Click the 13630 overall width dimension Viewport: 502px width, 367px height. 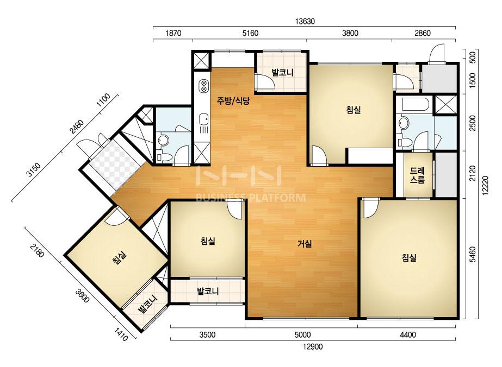tap(305, 21)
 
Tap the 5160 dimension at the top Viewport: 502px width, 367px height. tap(250, 33)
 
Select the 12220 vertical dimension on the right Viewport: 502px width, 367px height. tap(486, 185)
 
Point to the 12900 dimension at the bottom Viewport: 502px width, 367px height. tap(313, 346)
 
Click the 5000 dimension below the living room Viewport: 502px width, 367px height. tap(302, 335)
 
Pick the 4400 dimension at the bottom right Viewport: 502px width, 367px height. tap(408, 335)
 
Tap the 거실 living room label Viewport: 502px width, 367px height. tap(305, 244)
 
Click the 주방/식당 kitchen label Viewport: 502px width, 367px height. tap(233, 102)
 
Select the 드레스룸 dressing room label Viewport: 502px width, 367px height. tap(417, 175)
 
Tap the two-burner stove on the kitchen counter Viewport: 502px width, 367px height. tap(203, 86)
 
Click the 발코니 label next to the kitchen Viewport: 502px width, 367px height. tap(282, 72)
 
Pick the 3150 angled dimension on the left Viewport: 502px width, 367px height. tap(34, 170)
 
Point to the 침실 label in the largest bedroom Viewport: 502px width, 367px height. tap(409, 258)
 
